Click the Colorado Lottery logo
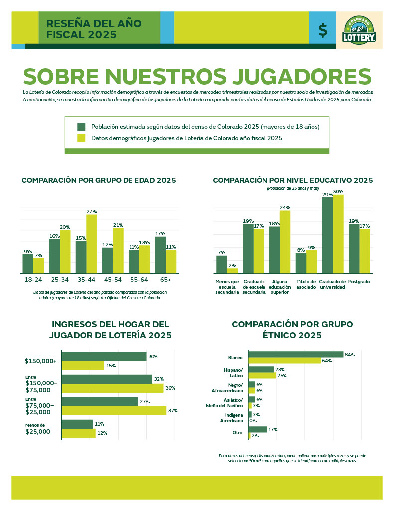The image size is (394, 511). click(359, 30)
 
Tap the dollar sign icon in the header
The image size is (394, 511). click(323, 31)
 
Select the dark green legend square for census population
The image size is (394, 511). click(82, 127)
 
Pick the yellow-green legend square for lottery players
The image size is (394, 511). click(82, 138)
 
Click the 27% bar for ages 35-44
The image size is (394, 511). click(92, 244)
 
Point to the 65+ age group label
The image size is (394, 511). click(165, 280)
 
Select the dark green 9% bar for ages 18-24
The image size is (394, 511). click(28, 263)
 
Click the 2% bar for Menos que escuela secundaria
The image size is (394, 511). click(232, 271)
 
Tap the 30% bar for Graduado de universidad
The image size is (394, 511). click(338, 234)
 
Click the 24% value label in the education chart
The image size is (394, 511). click(285, 207)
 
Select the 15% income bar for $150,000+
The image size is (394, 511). click(83, 366)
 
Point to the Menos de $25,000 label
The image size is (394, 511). click(38, 429)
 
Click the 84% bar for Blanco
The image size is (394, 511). click(295, 354)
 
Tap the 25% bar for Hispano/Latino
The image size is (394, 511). click(262, 376)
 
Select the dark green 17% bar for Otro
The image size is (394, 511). click(258, 429)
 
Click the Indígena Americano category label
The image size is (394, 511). click(232, 418)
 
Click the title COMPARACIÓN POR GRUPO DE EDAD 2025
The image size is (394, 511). click(99, 180)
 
